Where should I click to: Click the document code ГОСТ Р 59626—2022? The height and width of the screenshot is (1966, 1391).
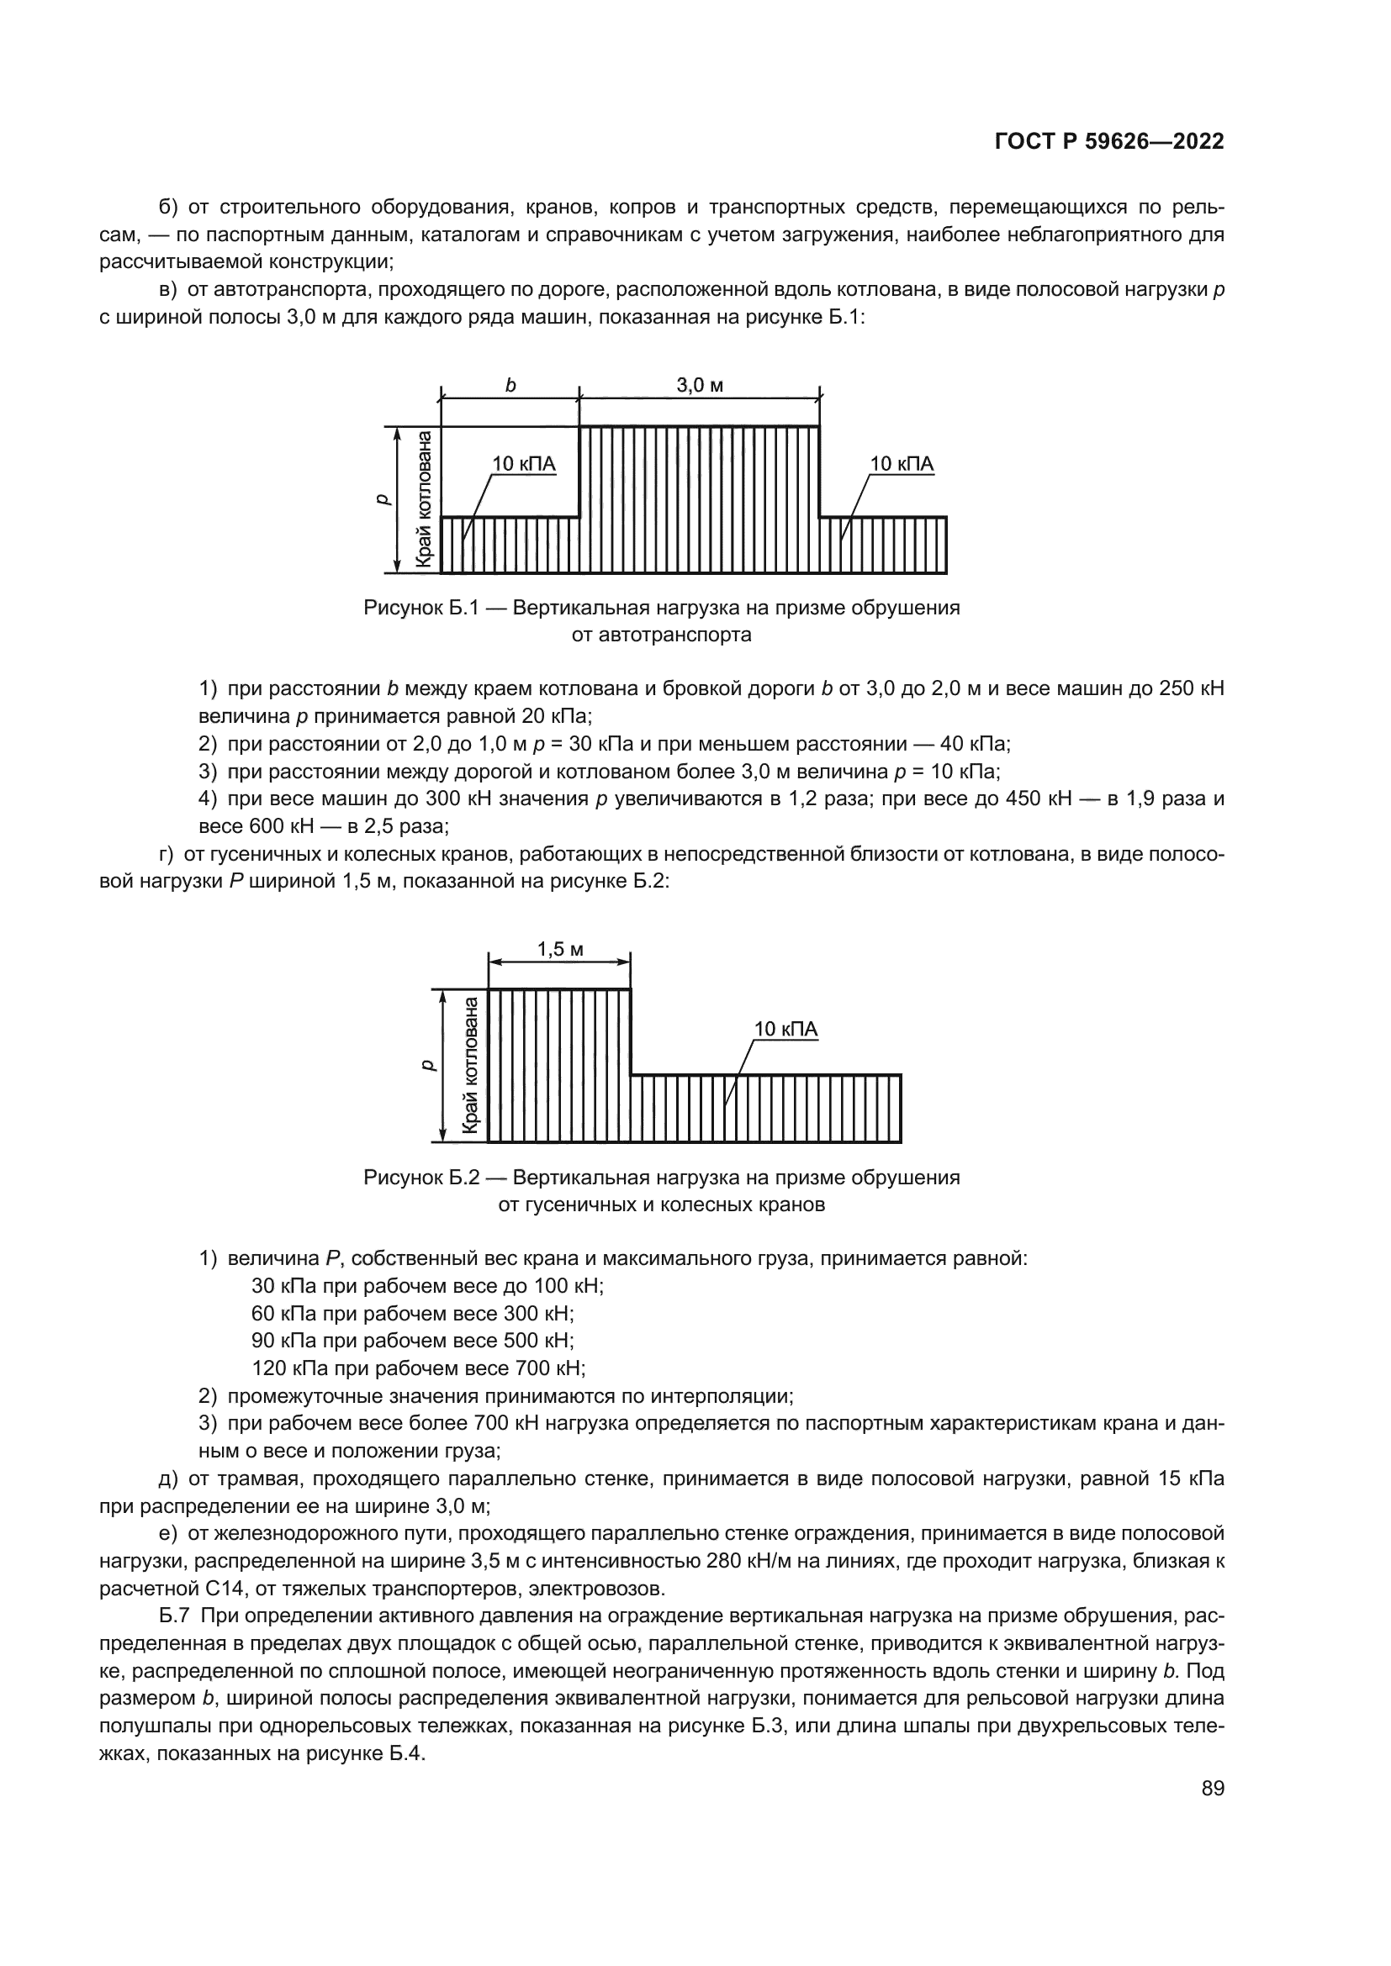point(1108,142)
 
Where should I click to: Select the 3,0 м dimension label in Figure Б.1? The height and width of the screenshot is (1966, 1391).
point(699,385)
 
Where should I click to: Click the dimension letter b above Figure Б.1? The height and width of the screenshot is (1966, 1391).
point(510,385)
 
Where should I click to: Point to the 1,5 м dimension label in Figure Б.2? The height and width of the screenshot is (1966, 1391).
point(559,949)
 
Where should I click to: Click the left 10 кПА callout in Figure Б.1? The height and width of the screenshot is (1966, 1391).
point(523,464)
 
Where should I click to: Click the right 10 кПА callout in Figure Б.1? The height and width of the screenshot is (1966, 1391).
point(901,464)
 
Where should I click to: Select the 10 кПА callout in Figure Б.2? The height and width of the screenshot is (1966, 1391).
point(785,1030)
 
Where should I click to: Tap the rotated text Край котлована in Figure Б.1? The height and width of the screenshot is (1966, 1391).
point(423,499)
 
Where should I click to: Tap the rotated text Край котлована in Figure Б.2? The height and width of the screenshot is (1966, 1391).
point(470,1065)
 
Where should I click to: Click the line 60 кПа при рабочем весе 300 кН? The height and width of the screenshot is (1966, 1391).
point(413,1314)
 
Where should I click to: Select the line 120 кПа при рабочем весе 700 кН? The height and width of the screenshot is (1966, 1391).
point(418,1368)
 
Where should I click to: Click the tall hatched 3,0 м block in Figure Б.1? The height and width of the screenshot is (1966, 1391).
point(699,499)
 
